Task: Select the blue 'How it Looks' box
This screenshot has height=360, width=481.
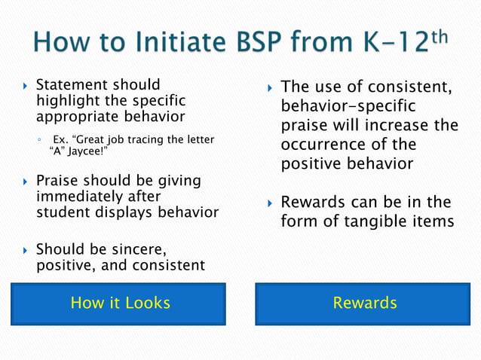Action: tap(119, 304)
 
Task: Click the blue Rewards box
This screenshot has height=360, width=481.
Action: tap(364, 304)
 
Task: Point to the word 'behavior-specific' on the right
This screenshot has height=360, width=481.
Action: tap(348, 107)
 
